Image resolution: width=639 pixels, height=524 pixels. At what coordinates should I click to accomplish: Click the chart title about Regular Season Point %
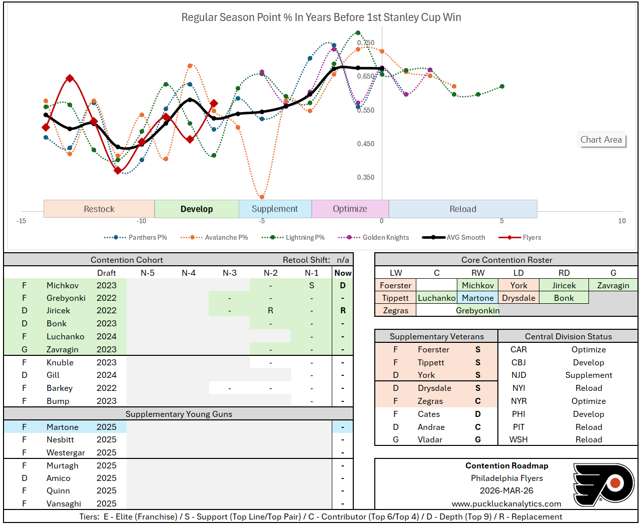(321, 18)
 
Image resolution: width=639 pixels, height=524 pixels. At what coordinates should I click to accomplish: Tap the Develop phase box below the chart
(197, 209)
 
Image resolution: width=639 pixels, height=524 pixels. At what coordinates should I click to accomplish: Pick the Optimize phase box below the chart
(350, 209)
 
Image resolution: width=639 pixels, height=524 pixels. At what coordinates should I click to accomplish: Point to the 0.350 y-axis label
(365, 177)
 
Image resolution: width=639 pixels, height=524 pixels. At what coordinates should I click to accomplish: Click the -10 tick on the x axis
(142, 221)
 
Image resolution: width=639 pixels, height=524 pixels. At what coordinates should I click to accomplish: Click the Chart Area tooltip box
(601, 140)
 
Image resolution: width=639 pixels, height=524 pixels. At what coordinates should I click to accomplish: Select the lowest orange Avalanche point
(262, 197)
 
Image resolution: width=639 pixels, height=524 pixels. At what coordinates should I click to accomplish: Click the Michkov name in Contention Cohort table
(63, 285)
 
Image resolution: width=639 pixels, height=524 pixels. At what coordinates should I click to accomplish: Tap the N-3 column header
(230, 273)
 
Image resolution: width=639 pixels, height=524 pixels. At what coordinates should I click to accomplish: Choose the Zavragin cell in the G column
(613, 285)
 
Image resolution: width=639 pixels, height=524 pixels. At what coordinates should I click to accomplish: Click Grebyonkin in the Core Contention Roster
(477, 310)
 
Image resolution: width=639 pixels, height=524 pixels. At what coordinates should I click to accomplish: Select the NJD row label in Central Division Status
(518, 375)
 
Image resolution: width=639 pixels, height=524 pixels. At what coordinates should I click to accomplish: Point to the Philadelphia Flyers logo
(603, 483)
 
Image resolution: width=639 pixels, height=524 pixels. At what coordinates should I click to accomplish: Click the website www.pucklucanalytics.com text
(506, 503)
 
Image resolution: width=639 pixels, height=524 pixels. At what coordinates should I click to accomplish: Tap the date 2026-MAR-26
(506, 490)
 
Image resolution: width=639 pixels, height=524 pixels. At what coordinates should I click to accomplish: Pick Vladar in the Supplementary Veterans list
(430, 439)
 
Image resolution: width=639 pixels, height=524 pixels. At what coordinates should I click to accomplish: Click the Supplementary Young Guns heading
(179, 414)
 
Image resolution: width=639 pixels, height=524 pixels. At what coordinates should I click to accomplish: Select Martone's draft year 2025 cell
(107, 427)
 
